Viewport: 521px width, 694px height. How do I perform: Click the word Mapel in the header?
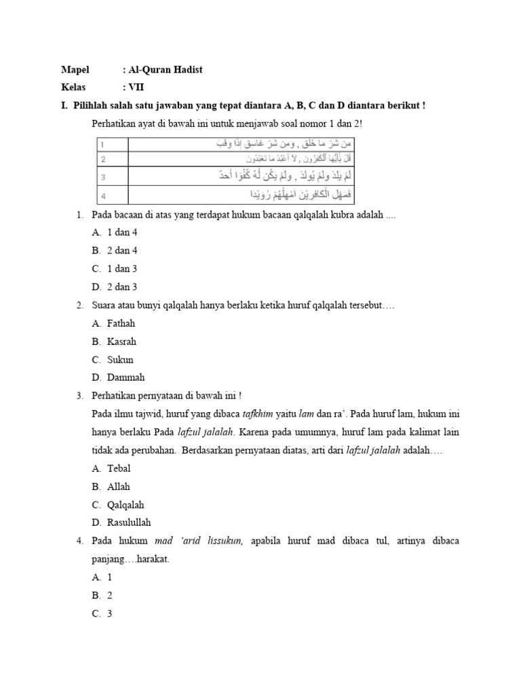click(x=76, y=70)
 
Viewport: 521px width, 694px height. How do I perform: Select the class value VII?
click(x=136, y=87)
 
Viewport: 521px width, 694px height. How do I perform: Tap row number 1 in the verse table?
click(x=102, y=145)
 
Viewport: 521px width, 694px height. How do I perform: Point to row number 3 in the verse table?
click(x=102, y=178)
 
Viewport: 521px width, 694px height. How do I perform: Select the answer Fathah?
click(x=121, y=323)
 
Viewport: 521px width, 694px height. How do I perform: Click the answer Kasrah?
click(x=121, y=342)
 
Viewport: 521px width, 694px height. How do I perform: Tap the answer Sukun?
click(x=120, y=360)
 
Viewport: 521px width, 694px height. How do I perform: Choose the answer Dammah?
click(x=126, y=377)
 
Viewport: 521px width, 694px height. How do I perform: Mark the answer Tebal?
click(x=119, y=468)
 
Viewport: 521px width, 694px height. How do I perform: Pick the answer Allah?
click(x=119, y=487)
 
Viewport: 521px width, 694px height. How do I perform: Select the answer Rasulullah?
click(x=129, y=523)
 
